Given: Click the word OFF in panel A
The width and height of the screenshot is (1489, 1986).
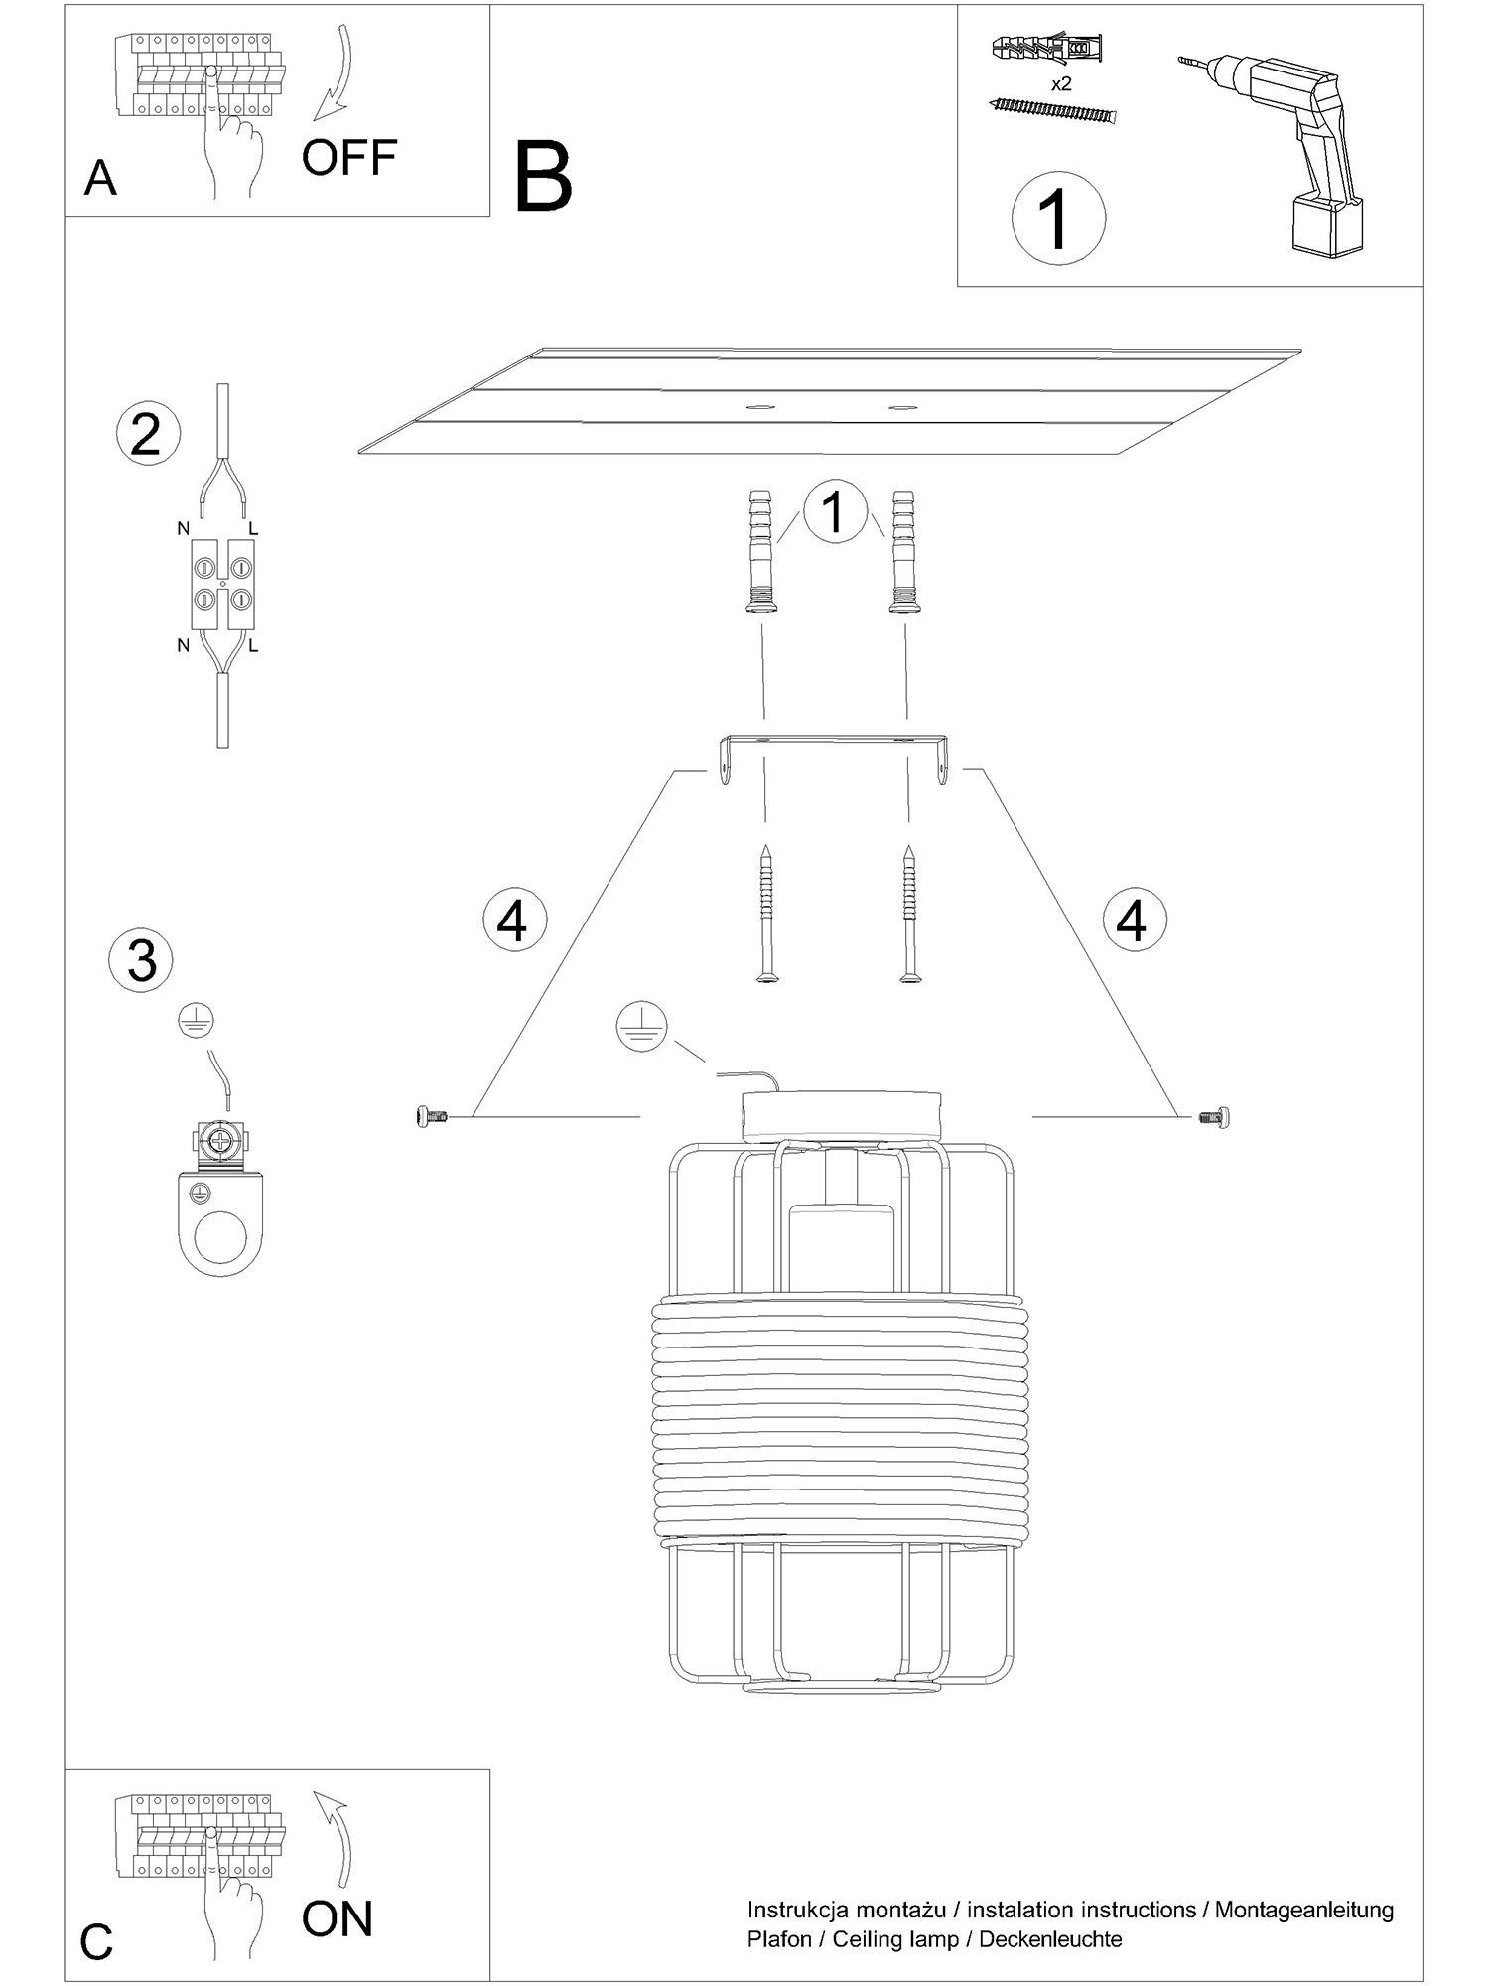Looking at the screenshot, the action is click(349, 157).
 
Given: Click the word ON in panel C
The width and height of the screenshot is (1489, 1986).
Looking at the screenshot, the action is click(338, 1919).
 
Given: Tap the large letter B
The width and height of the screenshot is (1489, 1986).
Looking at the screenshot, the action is click(544, 177).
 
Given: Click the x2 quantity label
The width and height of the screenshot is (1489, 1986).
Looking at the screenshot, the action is click(1061, 84).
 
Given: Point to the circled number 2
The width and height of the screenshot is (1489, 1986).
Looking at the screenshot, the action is click(148, 435).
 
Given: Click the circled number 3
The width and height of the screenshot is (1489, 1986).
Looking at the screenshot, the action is click(142, 960).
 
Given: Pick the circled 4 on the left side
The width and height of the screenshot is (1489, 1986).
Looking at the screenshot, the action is click(513, 920).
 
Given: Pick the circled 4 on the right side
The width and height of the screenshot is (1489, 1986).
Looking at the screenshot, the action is click(1134, 920).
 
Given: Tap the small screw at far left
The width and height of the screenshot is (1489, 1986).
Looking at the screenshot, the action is click(432, 1117).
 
